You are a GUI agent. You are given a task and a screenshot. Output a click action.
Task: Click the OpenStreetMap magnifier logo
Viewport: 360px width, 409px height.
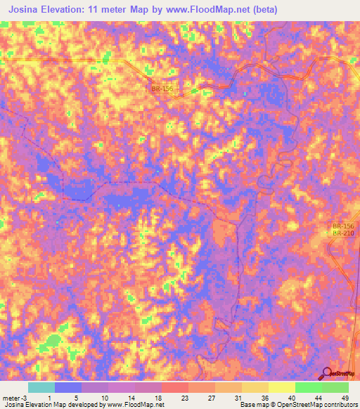pyautogui.click(x=327, y=374)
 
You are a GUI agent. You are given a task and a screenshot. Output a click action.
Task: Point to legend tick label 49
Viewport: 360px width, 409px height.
pyautogui.click(x=345, y=398)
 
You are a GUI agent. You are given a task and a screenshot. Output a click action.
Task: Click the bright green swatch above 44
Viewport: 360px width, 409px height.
pyautogui.click(x=309, y=387)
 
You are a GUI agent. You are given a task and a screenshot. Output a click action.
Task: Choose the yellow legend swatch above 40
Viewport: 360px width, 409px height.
pyautogui.click(x=282, y=387)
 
